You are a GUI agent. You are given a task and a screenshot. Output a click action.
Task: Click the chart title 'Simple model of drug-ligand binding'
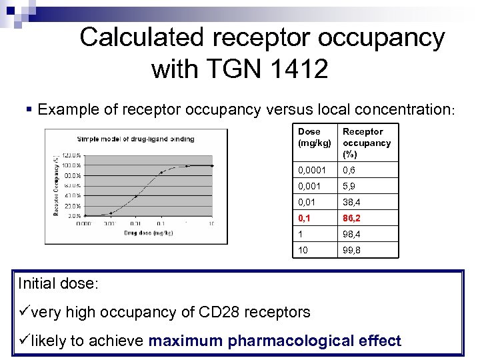click(x=135, y=139)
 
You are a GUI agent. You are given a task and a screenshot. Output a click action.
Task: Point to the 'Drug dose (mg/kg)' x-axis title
click(x=148, y=233)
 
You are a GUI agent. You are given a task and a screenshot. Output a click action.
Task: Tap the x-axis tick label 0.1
click(x=136, y=223)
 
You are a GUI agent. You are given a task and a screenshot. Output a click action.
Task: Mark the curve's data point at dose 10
click(x=212, y=165)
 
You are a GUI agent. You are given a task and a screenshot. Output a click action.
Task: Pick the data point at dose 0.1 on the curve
click(x=161, y=172)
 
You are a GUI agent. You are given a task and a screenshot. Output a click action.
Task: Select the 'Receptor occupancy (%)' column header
click(x=367, y=142)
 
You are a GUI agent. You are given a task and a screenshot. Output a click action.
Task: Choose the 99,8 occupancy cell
click(x=353, y=249)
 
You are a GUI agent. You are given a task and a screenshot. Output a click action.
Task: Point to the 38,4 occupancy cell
click(x=353, y=202)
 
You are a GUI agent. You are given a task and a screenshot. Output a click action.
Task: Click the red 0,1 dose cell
click(x=306, y=217)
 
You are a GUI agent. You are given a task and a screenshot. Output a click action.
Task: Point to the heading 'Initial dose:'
click(x=58, y=283)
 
